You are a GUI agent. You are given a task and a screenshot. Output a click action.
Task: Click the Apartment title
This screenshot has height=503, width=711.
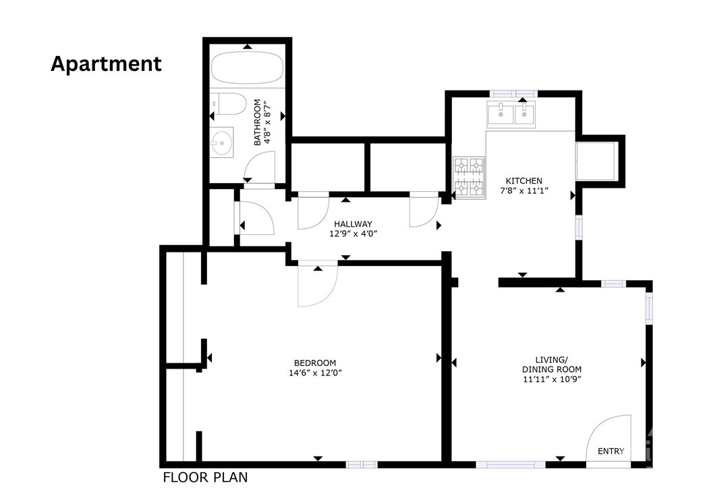pos(106,64)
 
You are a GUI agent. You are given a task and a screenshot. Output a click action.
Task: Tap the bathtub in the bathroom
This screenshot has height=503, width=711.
pos(247,68)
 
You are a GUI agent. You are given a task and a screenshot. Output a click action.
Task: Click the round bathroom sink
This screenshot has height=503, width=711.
pos(222,142)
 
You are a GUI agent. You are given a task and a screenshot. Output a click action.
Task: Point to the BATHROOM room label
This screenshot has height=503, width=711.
pos(257,123)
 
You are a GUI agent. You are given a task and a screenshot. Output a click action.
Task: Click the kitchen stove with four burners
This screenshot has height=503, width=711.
pos(469,178)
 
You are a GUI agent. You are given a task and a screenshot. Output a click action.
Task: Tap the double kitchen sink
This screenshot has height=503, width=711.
pos(511,114)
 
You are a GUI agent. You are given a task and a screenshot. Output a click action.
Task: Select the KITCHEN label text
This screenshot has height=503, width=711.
pos(523,181)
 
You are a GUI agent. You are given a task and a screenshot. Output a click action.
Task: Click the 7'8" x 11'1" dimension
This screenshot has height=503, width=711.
pos(524,191)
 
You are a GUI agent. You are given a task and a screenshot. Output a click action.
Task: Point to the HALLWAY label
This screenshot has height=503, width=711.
pos(353,223)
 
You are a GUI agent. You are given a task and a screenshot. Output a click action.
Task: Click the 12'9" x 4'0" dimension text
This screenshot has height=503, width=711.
pos(353,234)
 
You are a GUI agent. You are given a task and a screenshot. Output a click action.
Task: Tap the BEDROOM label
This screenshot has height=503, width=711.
pos(315,363)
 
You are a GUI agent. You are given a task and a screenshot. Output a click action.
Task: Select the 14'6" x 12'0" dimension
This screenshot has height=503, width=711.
pos(315,373)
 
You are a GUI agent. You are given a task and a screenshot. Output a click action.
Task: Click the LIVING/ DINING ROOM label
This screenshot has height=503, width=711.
pos(552,364)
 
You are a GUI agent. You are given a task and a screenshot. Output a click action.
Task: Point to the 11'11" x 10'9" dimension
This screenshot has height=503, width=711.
pos(552,379)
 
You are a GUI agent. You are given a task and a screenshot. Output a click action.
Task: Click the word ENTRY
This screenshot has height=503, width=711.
pos(610,451)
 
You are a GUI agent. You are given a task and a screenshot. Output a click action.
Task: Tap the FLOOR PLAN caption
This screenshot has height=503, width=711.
pos(206,477)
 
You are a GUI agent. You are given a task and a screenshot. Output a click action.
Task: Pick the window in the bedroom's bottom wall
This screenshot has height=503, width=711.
pos(362,465)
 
